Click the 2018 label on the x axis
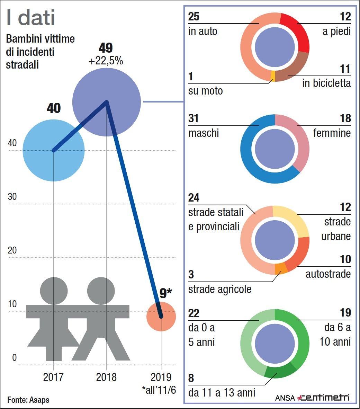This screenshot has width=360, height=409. click(x=106, y=377)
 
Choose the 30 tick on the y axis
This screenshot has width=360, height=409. click(x=12, y=196)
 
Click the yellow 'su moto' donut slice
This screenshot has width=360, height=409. click(x=273, y=76)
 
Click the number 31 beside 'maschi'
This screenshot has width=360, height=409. click(x=193, y=118)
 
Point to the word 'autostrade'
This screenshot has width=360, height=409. click(x=328, y=274)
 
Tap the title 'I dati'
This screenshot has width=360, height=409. click(x=31, y=18)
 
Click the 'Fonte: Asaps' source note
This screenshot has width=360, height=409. click(x=28, y=400)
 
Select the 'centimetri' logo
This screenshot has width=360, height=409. click(x=324, y=398)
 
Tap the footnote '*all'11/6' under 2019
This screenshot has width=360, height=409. click(x=159, y=390)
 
